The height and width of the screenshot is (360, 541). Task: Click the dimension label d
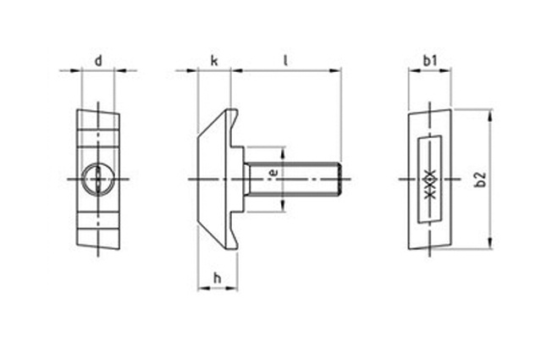(98, 60)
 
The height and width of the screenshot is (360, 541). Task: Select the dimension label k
(214, 60)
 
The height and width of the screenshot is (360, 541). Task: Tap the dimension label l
(286, 60)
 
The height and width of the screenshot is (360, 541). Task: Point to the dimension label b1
(429, 60)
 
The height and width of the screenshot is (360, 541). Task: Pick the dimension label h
(217, 278)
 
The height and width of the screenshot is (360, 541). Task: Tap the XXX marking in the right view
(429, 179)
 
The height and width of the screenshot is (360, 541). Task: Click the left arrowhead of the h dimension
(201, 288)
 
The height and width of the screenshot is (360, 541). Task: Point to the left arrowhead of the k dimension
(201, 71)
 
